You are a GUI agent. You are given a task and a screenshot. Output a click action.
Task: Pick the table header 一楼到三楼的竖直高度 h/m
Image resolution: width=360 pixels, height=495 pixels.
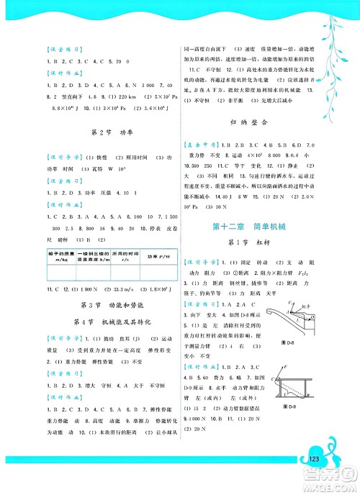click(x=80, y=277)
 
